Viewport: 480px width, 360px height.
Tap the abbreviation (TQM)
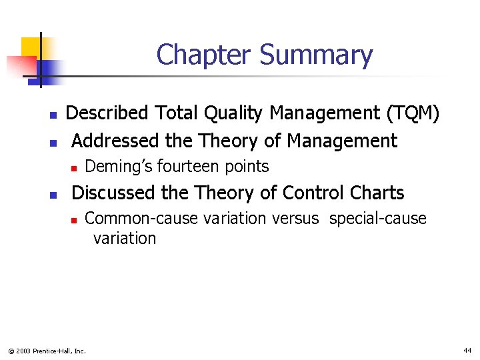click(413, 114)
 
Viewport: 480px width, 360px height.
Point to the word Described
click(107, 113)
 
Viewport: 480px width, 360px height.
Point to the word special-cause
click(377, 219)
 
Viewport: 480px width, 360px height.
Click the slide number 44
click(467, 350)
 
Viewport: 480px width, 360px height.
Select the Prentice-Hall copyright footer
click(47, 351)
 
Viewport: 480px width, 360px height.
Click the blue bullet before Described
click(53, 115)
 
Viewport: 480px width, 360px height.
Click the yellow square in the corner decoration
click(31, 47)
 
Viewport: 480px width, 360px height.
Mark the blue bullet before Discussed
click(53, 195)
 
